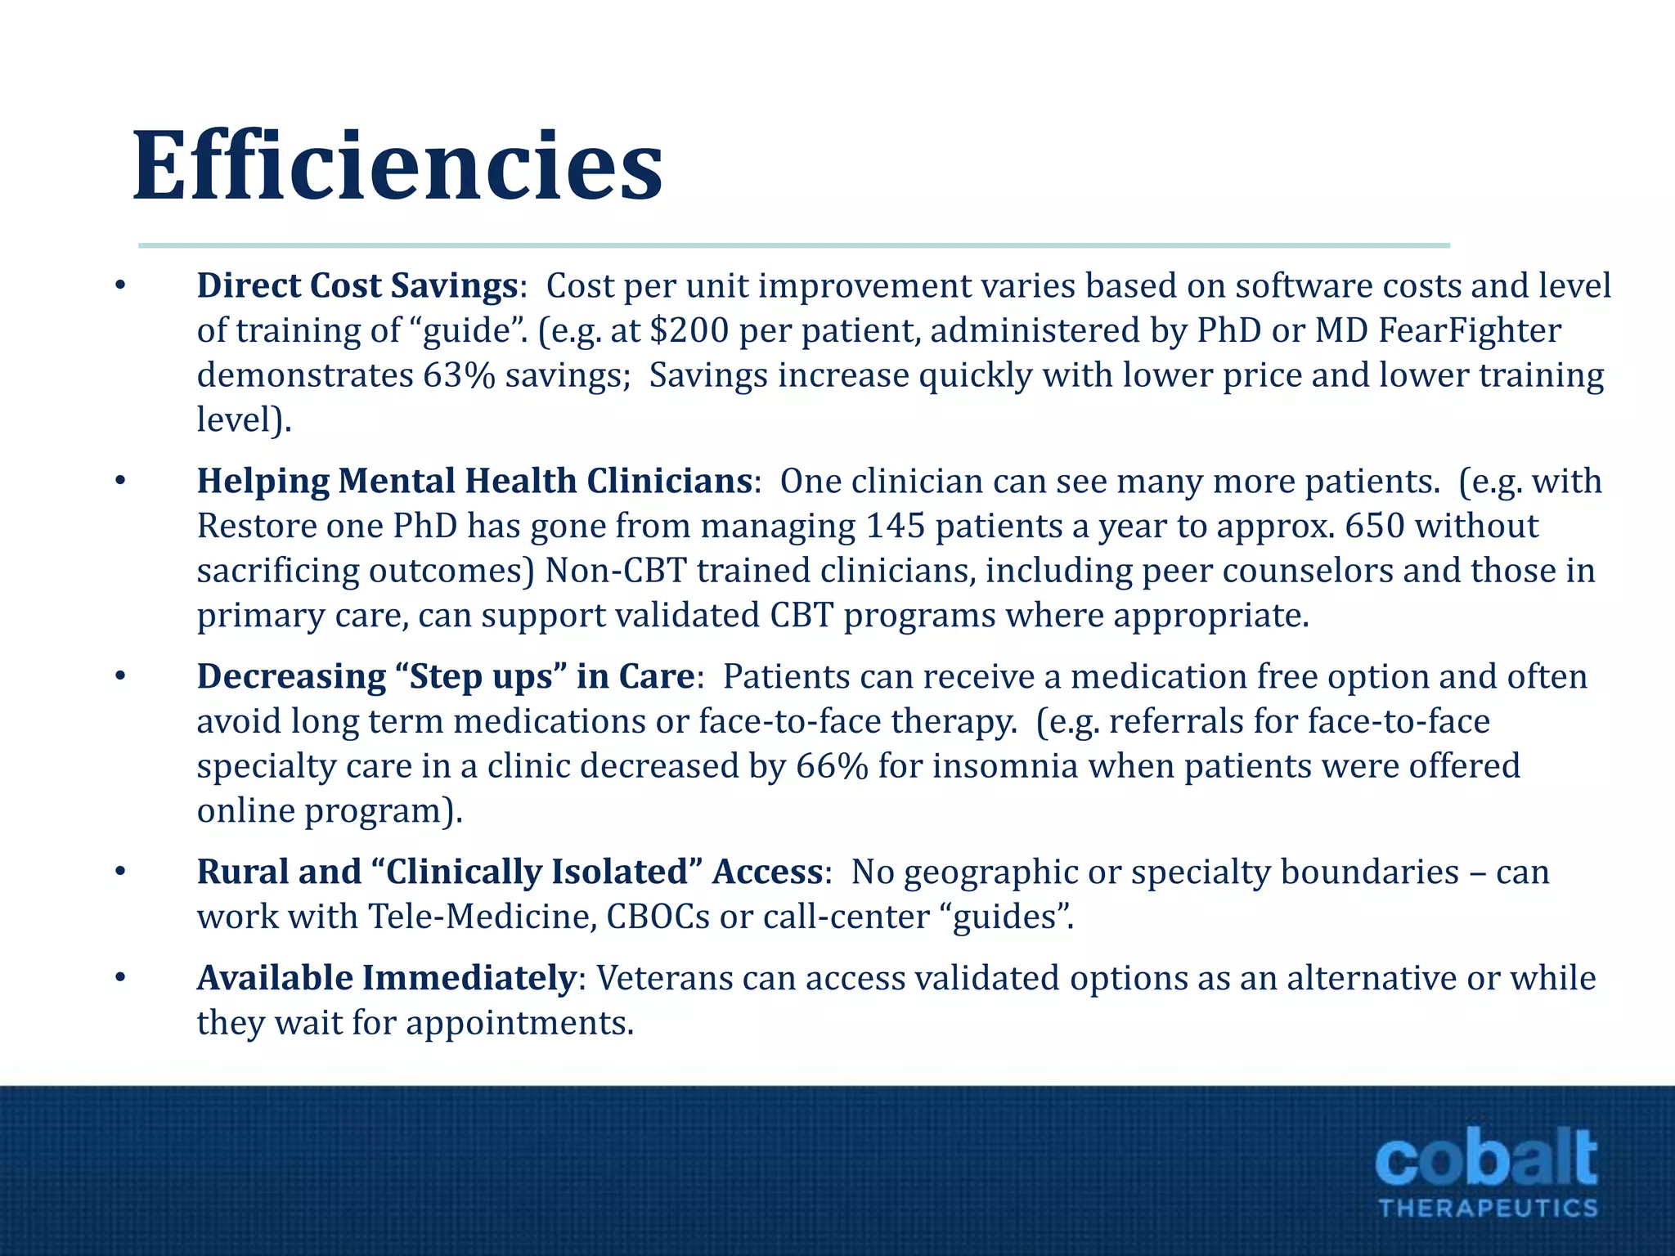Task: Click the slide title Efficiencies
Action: point(397,167)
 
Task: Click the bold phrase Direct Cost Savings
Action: point(357,286)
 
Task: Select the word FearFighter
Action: point(1470,331)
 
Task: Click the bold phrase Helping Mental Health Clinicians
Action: point(474,481)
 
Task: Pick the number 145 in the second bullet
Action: point(895,526)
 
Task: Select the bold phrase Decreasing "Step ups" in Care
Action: point(445,677)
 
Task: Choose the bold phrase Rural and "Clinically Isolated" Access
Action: point(509,872)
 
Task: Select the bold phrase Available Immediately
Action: point(386,978)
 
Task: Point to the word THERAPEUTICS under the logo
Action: point(1488,1209)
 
